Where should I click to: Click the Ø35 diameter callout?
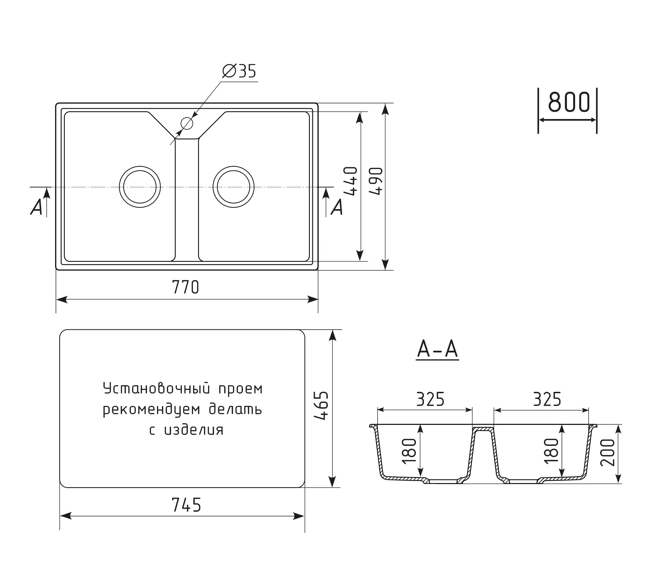(x=239, y=71)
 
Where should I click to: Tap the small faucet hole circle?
(x=187, y=123)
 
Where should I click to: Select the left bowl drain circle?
(x=140, y=187)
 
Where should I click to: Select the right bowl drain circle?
(x=233, y=187)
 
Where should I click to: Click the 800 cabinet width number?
(x=569, y=102)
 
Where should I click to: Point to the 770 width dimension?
(x=186, y=287)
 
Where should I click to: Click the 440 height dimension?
(x=351, y=181)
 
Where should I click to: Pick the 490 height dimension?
(x=376, y=181)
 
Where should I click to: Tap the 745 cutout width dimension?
(x=186, y=505)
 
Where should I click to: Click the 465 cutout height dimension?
(x=321, y=406)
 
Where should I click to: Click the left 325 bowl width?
(x=430, y=399)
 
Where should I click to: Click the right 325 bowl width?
(x=547, y=399)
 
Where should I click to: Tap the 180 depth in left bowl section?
(x=410, y=451)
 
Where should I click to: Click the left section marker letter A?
(x=36, y=207)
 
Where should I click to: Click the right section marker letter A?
(x=337, y=207)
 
